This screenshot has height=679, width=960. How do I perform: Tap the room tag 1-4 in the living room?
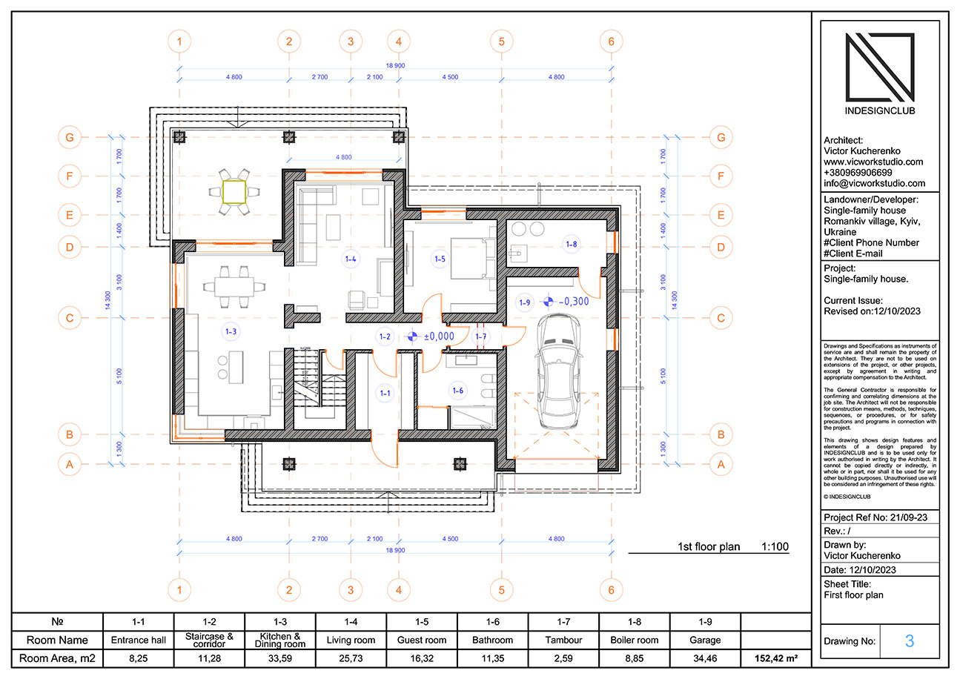[351, 259]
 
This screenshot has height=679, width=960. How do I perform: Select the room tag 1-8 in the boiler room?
[571, 243]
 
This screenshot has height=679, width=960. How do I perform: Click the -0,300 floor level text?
[574, 302]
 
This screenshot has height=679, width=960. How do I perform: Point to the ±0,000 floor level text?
[438, 337]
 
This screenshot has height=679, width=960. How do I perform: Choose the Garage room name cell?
[705, 640]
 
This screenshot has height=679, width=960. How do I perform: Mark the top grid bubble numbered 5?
[502, 42]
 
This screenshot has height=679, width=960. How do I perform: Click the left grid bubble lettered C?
[70, 319]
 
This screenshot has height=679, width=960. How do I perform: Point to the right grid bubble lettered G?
[720, 137]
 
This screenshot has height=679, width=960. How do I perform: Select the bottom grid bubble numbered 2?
[288, 590]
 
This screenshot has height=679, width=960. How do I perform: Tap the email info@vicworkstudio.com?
[874, 183]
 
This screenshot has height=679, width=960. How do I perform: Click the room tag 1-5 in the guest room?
[440, 259]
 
